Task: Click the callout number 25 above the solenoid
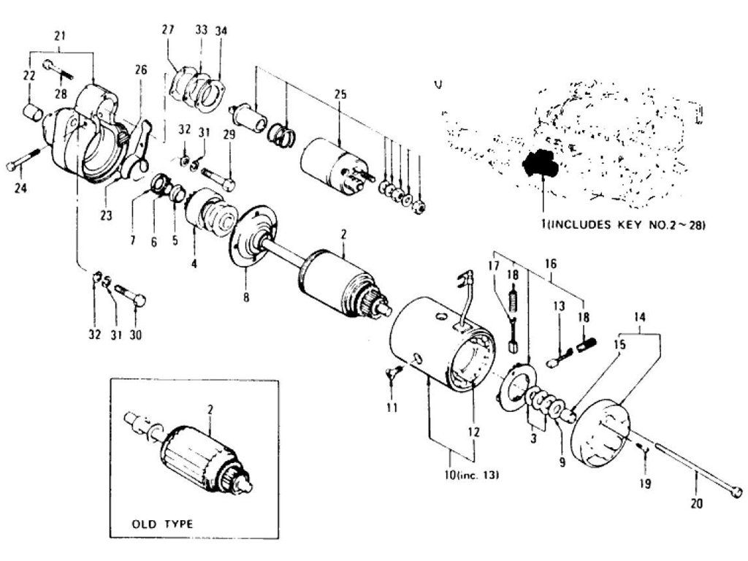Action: (339, 96)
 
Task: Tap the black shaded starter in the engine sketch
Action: (541, 164)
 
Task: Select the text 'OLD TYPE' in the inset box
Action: (162, 523)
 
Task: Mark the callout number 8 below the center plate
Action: (246, 297)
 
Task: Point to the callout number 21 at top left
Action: (60, 36)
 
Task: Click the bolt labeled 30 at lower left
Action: (131, 296)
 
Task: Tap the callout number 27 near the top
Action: (169, 30)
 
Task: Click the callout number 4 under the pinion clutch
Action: (194, 261)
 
